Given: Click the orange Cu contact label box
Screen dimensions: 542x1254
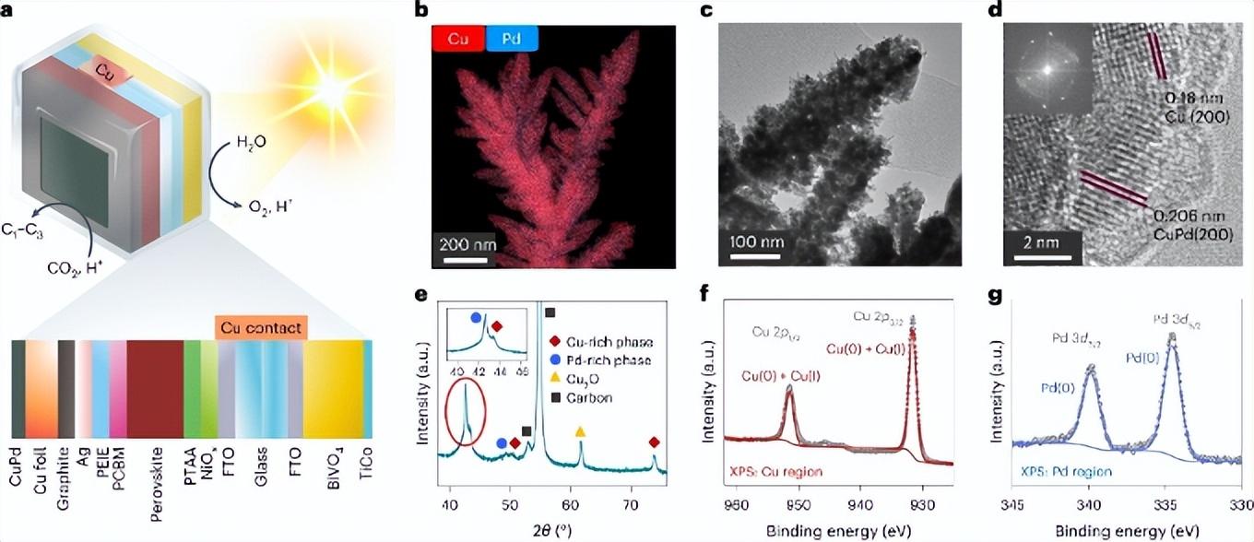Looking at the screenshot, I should click(x=261, y=326).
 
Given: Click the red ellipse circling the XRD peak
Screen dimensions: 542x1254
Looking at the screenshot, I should click(x=467, y=418).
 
